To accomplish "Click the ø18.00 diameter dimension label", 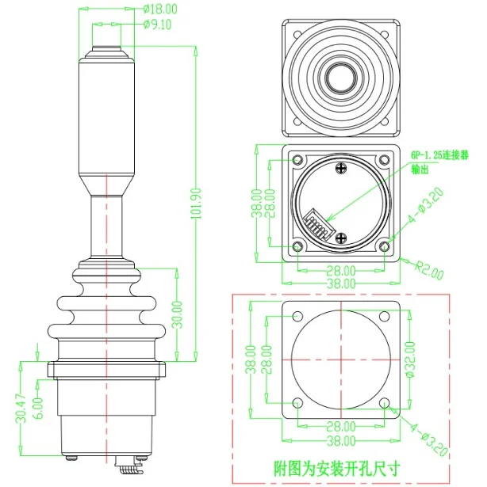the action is [x=160, y=9].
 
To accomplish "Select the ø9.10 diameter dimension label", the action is [x=158, y=25].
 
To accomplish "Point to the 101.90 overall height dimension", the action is [x=196, y=204].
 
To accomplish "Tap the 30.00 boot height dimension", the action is [x=178, y=314].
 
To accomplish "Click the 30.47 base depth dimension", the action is [x=21, y=409].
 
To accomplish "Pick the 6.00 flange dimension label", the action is [x=39, y=409].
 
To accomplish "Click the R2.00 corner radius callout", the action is [x=429, y=271].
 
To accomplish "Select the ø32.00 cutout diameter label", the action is [x=410, y=360].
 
